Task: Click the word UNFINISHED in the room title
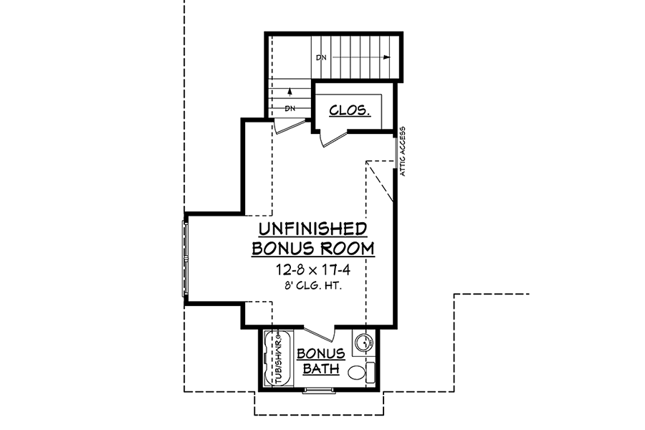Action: (312, 229)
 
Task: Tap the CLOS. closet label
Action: (350, 110)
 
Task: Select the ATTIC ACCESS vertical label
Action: (403, 151)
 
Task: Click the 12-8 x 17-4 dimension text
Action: (313, 270)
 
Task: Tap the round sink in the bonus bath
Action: (363, 342)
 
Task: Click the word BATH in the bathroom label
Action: (321, 368)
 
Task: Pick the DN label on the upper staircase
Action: (321, 57)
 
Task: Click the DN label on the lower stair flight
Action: (290, 109)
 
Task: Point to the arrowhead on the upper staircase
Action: (386, 57)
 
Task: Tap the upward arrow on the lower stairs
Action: (290, 92)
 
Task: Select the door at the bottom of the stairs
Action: (288, 126)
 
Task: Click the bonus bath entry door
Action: (319, 333)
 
